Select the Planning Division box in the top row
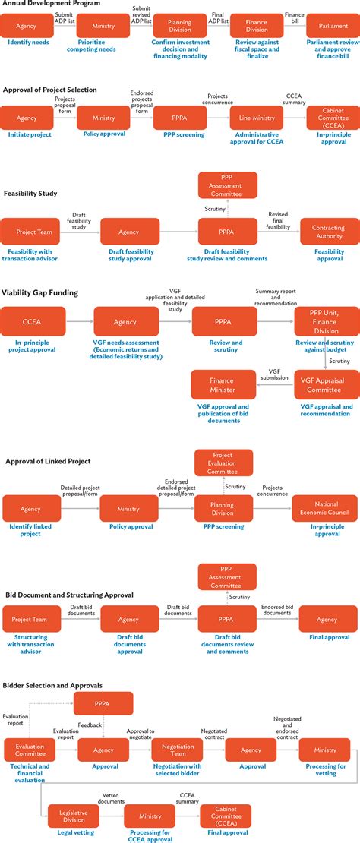(179, 27)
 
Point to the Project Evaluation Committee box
(224, 463)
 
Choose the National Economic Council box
(324, 509)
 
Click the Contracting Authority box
(329, 232)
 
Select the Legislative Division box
(74, 816)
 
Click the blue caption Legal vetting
(74, 832)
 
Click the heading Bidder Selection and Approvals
(52, 685)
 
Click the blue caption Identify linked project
(30, 529)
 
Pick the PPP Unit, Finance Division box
(324, 321)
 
